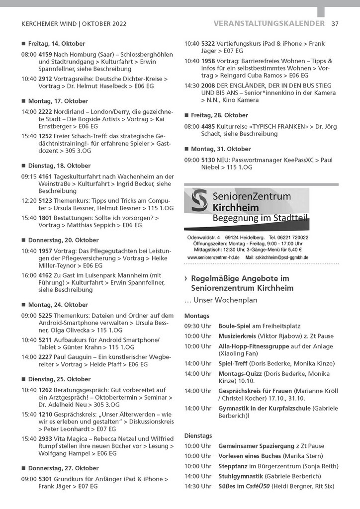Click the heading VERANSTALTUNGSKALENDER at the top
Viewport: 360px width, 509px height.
pyautogui.click(x=269, y=23)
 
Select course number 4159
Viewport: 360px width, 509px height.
pyautogui.click(x=45, y=54)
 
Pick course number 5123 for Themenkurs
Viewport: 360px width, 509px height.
pyautogui.click(x=45, y=200)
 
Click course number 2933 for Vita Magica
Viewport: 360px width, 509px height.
pyautogui.click(x=45, y=438)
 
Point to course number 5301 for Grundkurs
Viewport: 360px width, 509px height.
pyautogui.click(x=45, y=479)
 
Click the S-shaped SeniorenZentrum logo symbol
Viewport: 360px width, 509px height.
pyautogui.click(x=199, y=201)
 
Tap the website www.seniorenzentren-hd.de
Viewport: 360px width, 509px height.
pyautogui.click(x=214, y=257)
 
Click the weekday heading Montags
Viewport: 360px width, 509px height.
pyautogui.click(x=196, y=316)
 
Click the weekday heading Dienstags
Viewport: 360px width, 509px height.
pyautogui.click(x=198, y=435)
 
